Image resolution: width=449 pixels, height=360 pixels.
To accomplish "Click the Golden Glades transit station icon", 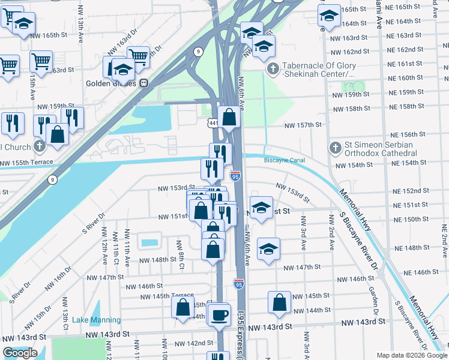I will tap(143, 83).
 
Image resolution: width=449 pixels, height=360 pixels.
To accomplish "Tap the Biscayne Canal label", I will tap(285, 160).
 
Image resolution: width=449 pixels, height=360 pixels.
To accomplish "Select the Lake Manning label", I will tap(96, 320).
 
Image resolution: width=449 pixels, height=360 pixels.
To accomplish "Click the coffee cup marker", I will tap(220, 314).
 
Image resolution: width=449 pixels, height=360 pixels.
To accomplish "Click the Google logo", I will tap(20, 353).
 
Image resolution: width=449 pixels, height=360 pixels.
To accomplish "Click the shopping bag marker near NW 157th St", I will tap(229, 117).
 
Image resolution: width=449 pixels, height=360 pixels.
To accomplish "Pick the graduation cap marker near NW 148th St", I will tap(268, 249).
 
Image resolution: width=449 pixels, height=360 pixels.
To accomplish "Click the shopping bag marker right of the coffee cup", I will tap(280, 304).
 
